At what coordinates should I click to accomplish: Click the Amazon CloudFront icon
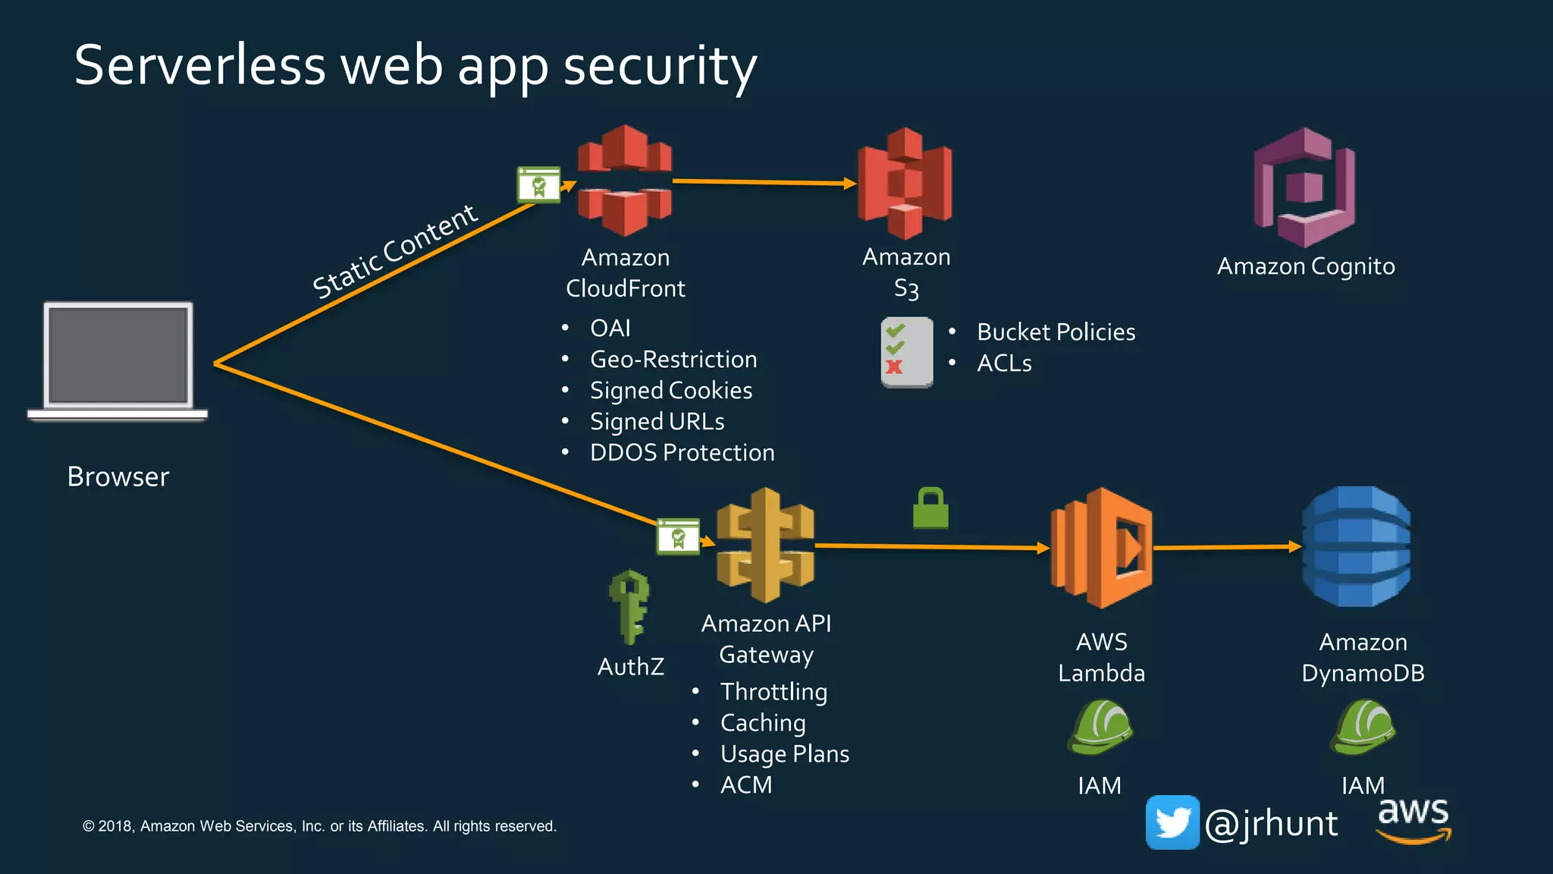tap(624, 181)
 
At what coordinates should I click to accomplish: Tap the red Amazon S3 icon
tap(905, 183)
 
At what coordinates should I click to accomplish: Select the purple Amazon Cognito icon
tap(1304, 187)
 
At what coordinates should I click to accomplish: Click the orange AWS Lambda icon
tap(1101, 548)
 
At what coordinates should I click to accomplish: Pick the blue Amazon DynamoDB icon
tap(1356, 546)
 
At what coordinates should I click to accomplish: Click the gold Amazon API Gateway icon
tap(765, 545)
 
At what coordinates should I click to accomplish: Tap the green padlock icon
tap(930, 508)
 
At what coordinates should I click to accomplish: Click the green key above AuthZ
tap(629, 607)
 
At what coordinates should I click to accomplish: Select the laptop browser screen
tap(118, 355)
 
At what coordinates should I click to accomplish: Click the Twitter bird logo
tap(1172, 822)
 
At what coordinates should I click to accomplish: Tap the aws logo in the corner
tap(1413, 819)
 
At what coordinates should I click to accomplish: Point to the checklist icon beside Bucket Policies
tap(906, 352)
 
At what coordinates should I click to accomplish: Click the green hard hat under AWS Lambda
tap(1100, 727)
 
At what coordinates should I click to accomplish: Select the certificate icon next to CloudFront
tap(538, 185)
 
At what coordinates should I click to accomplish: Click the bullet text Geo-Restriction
tap(673, 359)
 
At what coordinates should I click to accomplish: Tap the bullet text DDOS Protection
tap(682, 452)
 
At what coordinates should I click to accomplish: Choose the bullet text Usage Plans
tap(784, 753)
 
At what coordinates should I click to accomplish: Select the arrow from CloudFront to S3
tap(762, 182)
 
